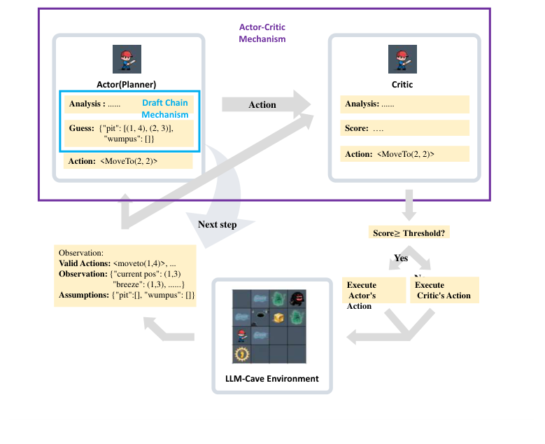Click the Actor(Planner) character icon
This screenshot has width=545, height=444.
click(127, 59)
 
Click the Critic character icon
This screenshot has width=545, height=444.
click(402, 59)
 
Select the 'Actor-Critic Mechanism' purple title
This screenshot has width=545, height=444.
click(262, 33)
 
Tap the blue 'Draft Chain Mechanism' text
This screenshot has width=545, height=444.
click(165, 109)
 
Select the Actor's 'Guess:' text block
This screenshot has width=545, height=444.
click(130, 134)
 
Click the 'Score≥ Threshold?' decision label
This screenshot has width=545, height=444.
click(409, 233)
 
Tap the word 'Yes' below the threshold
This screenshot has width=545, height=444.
click(401, 258)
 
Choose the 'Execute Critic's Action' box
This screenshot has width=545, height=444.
click(444, 290)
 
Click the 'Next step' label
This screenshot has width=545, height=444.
click(217, 225)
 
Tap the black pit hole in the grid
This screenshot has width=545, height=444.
click(260, 317)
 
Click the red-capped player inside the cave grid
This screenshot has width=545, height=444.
click(241, 335)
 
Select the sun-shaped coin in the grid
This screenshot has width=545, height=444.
click(241, 354)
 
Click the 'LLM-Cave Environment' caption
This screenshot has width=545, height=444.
click(271, 379)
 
